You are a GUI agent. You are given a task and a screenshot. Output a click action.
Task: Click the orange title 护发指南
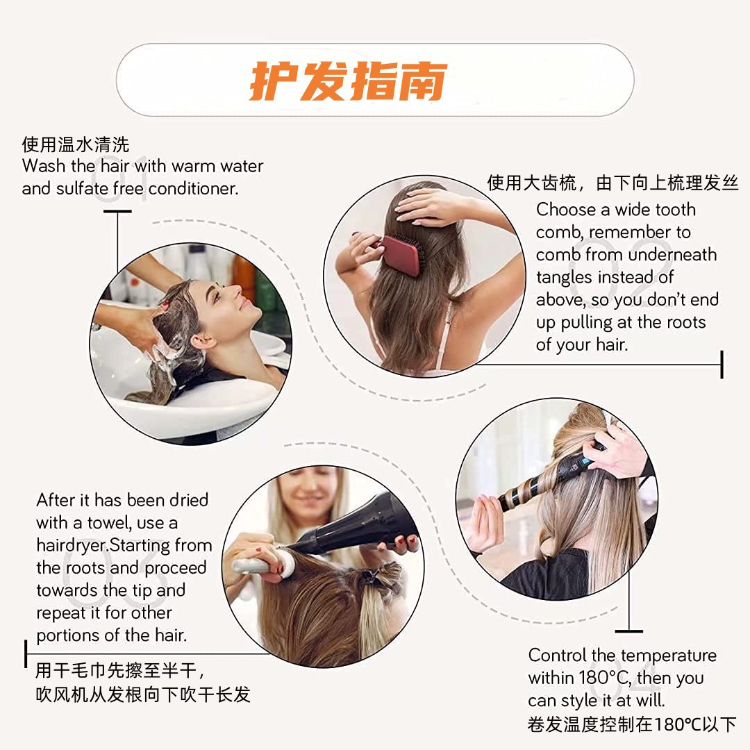click(348, 81)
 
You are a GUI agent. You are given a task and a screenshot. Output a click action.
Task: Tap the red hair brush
click(403, 254)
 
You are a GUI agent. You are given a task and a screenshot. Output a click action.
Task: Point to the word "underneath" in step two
click(672, 255)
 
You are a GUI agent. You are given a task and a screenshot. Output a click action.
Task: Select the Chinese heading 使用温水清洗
click(76, 144)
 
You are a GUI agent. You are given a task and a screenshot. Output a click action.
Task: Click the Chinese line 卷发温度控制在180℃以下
click(631, 724)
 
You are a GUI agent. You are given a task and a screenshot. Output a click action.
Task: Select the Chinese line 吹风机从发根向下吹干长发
click(143, 694)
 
